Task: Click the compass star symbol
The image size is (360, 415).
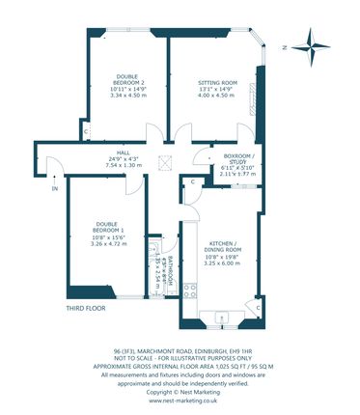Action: [x=312, y=42]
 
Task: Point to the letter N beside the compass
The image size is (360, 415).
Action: [x=277, y=46]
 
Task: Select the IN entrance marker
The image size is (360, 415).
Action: [x=42, y=188]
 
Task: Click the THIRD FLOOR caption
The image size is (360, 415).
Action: [x=86, y=308]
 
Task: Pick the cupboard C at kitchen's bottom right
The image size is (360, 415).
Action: [x=258, y=306]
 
